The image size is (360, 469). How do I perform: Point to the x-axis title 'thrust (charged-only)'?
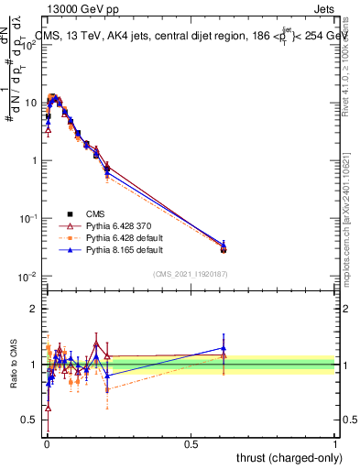pos(285,457)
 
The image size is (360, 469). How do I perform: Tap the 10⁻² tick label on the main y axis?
pos(28,277)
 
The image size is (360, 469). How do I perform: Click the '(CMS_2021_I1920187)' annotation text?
pos(190,273)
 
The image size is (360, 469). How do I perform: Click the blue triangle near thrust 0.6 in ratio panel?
pos(223,348)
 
